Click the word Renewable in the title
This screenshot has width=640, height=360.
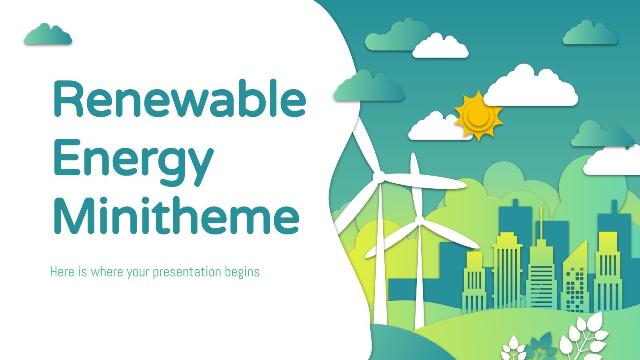click(x=179, y=98)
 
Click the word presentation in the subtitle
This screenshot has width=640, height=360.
click(x=187, y=272)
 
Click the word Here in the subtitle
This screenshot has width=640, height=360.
click(x=62, y=272)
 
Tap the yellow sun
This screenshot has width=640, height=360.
click(x=478, y=115)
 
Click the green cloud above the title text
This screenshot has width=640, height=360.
click(x=48, y=35)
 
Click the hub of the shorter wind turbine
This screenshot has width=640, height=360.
click(x=419, y=220)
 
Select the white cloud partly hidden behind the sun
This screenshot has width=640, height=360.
click(x=432, y=128)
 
